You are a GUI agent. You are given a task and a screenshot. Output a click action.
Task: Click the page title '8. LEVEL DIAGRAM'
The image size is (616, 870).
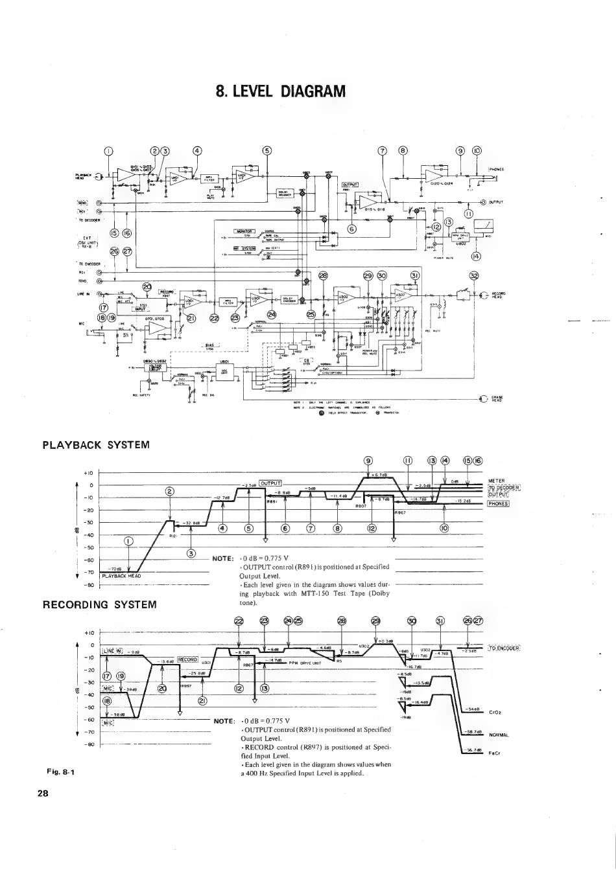pos(281,91)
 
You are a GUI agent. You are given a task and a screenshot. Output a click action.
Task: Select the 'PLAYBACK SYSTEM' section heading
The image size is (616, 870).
pos(96,445)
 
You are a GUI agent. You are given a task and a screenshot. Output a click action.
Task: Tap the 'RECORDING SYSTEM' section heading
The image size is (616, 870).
pos(99,604)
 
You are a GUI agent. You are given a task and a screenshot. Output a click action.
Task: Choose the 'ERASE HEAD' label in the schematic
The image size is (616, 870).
pos(497,398)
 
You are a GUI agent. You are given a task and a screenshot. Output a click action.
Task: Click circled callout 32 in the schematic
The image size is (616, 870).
pos(475,275)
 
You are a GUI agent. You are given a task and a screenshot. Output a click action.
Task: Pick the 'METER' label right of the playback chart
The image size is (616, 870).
pos(496,481)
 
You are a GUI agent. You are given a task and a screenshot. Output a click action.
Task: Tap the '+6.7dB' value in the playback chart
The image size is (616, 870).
pos(380,475)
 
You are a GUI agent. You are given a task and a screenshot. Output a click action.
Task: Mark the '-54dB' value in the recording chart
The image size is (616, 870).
pos(471,709)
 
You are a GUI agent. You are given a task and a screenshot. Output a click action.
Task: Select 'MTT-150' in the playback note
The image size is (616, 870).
pos(315,593)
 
